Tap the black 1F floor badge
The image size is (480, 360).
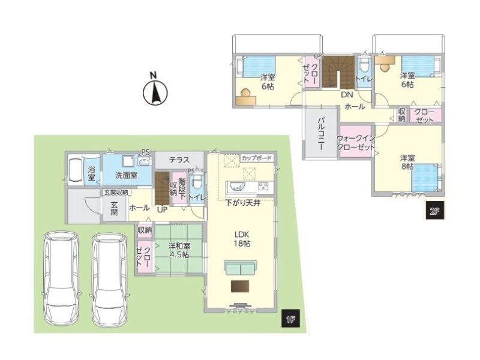click(290, 319)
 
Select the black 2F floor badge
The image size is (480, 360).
click(435, 211)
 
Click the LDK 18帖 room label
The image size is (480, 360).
click(242, 239)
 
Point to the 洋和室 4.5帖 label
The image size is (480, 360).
click(179, 250)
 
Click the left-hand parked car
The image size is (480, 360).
click(61, 278)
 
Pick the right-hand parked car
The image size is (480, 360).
click(109, 280)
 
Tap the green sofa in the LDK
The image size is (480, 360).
click(241, 268)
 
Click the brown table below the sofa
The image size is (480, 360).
click(240, 286)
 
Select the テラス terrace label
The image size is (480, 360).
click(179, 160)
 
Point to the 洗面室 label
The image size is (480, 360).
click(126, 175)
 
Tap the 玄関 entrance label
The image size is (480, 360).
click(114, 208)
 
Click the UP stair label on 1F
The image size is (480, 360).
click(162, 209)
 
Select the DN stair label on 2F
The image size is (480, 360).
click(347, 95)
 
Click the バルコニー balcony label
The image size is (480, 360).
click(321, 133)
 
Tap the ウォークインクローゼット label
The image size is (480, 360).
click(356, 142)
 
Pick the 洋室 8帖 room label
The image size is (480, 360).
click(407, 162)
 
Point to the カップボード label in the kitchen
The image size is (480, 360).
click(257, 158)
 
